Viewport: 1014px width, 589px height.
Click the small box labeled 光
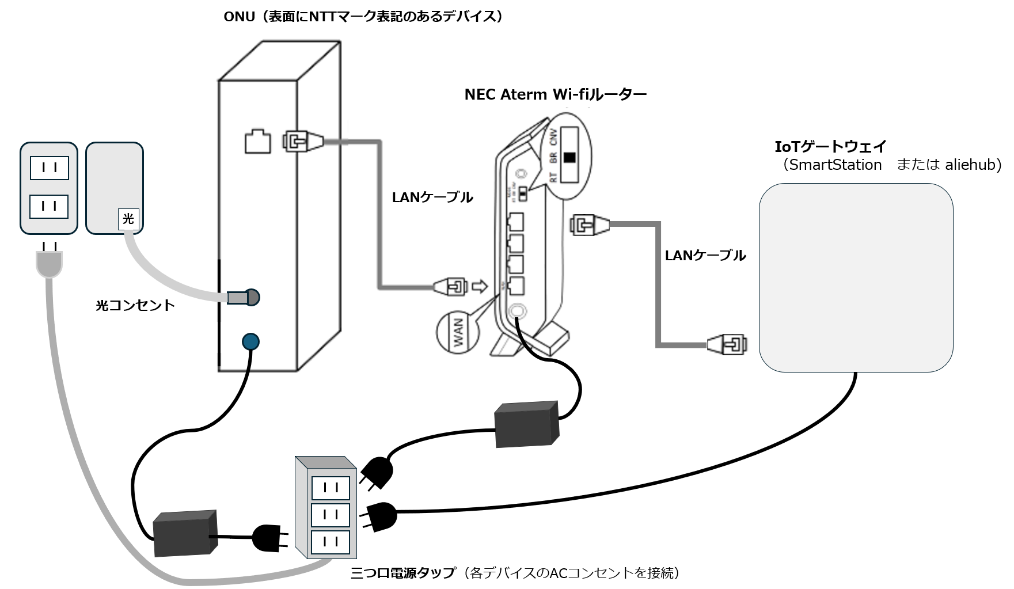coord(128,219)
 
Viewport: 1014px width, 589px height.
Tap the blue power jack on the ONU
coord(250,342)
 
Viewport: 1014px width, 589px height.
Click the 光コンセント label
coord(135,305)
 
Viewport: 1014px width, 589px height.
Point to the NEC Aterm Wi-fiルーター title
coord(555,94)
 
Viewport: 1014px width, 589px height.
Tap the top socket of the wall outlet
coord(49,168)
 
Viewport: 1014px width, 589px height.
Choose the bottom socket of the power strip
coord(331,542)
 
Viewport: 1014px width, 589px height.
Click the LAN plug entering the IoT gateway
coord(727,344)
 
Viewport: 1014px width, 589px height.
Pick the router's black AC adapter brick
coord(527,424)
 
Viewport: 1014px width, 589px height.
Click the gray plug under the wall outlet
coord(49,264)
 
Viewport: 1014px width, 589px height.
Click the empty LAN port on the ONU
coord(257,142)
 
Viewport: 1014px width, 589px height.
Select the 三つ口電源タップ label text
coord(403,573)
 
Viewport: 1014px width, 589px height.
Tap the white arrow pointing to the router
coord(479,286)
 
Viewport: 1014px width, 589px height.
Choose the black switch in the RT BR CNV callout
coord(570,158)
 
